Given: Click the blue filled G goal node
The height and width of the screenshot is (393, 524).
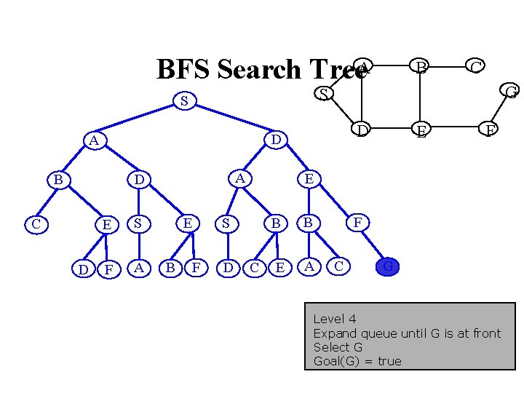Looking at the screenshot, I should point(389,267).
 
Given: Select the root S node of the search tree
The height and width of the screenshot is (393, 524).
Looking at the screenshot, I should point(185,101).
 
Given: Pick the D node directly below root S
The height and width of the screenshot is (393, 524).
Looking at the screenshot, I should point(275,139).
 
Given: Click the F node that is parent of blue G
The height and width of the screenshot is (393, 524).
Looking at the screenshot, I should point(357,222).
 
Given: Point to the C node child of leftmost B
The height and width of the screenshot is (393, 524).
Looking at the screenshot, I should point(36,223).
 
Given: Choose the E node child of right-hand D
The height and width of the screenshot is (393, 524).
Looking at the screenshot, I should point(309,178).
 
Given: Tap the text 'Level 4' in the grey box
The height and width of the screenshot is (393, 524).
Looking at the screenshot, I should point(334,319).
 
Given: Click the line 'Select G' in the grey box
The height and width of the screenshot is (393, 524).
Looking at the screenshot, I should point(338,347).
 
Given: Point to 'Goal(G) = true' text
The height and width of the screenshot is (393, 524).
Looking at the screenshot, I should point(357,361).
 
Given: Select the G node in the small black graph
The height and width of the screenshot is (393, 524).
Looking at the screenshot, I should point(511,92).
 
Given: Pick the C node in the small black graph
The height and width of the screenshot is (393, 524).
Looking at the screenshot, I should point(476,68).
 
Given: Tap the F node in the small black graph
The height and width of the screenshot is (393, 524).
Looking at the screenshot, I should point(491,130).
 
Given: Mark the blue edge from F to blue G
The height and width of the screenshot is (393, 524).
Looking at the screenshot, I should point(373,245).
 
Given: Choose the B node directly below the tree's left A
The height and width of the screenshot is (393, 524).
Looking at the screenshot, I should point(57,179).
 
